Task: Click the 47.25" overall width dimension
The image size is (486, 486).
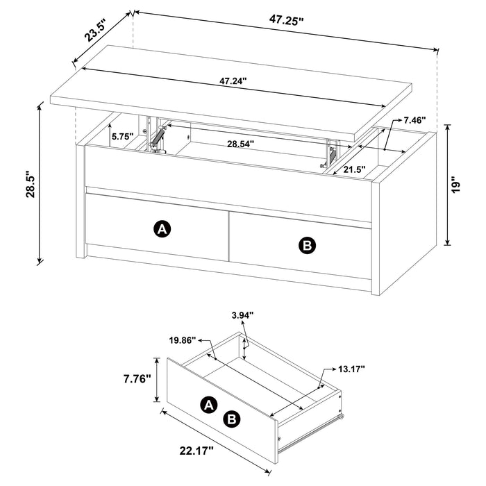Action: [287, 21]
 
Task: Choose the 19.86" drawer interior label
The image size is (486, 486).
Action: [183, 341]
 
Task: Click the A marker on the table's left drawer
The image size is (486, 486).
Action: [161, 230]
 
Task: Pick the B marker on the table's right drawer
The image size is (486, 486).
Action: [305, 245]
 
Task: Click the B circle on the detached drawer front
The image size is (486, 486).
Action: [232, 418]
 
